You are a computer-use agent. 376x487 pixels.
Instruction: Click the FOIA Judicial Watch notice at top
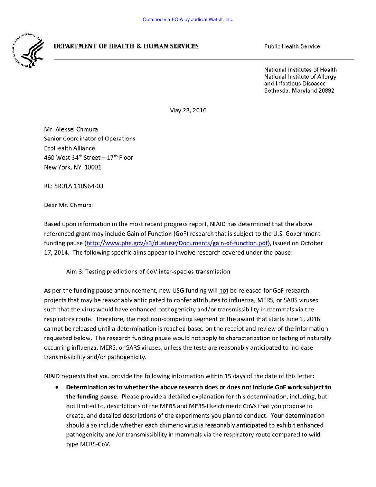click(188, 20)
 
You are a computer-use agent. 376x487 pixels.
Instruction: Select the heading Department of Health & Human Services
click(126, 46)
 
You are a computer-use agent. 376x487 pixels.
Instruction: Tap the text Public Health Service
click(292, 46)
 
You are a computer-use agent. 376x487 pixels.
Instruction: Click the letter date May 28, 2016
click(187, 111)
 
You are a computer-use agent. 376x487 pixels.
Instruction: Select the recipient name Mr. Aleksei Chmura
click(71, 129)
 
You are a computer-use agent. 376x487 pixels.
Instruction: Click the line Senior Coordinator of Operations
click(89, 139)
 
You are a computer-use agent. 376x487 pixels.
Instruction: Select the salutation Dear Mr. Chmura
click(68, 205)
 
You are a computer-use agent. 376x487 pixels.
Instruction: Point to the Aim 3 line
click(148, 272)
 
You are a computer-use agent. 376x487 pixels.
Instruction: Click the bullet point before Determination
click(56, 387)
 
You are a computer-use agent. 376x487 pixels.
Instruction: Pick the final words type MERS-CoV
click(88, 444)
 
